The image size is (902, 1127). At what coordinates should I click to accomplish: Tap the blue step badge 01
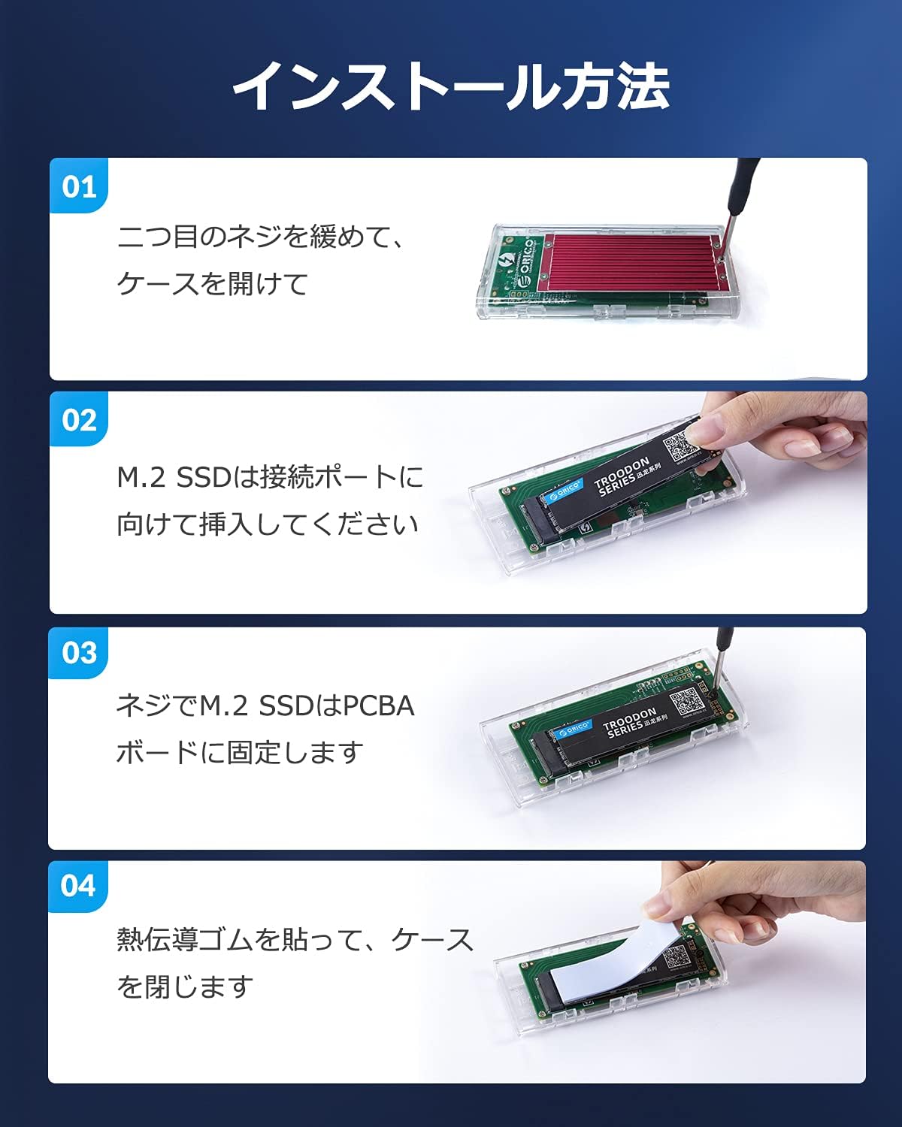[x=79, y=186]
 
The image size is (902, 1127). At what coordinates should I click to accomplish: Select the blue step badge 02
[x=79, y=420]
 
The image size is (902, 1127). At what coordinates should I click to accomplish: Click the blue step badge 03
[x=79, y=653]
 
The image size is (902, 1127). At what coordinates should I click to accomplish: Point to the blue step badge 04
[x=79, y=886]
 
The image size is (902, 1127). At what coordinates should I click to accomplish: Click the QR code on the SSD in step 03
[x=686, y=702]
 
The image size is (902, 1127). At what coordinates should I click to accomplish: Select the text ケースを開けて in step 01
[x=213, y=284]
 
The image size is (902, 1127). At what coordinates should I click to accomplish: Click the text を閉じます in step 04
[x=184, y=987]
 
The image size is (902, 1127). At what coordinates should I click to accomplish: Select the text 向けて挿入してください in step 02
[x=267, y=524]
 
